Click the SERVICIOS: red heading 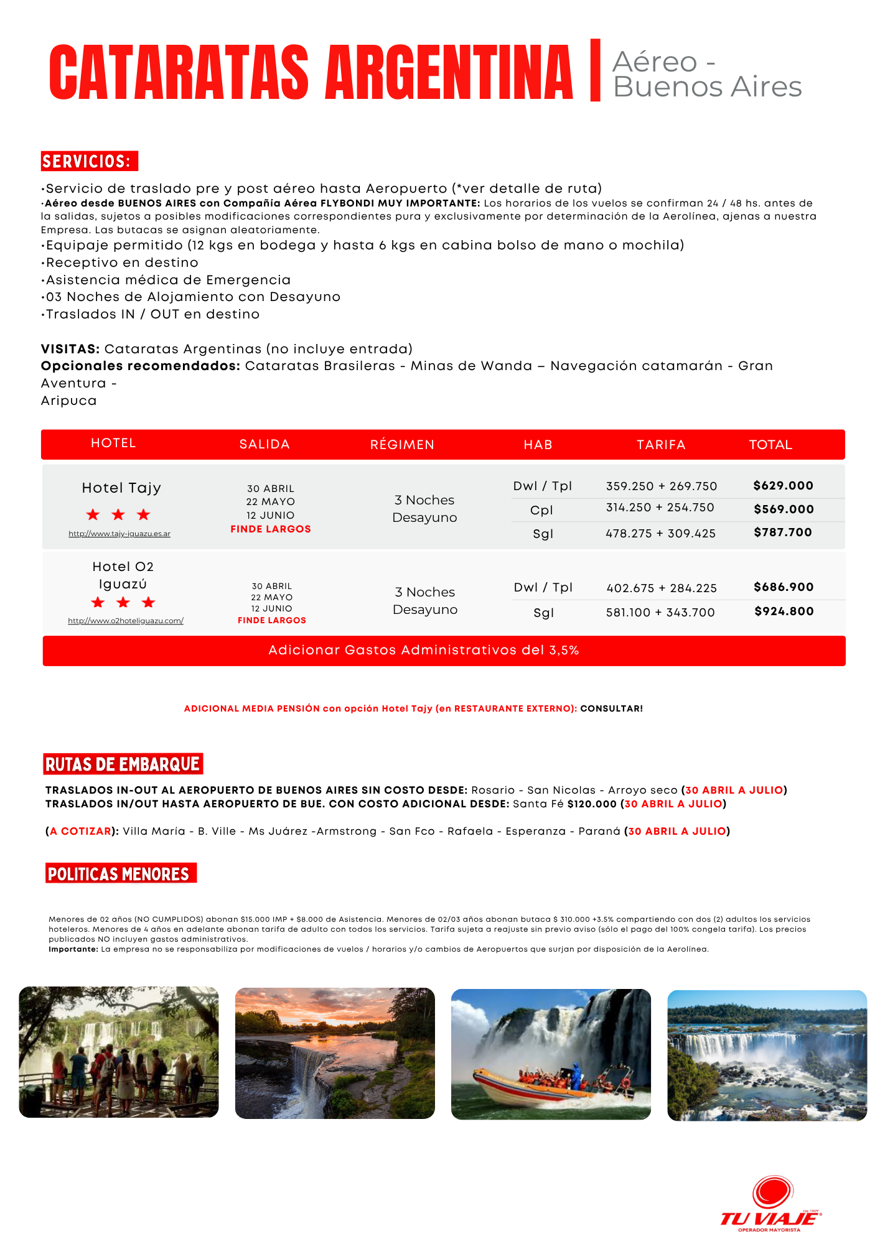point(88,161)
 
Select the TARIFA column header point(661,445)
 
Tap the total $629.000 point(783,486)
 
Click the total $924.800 point(784,611)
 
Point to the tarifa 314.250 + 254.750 point(660,508)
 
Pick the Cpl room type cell point(541,510)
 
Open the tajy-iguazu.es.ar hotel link point(119,534)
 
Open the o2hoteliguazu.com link point(126,621)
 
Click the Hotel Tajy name point(121,488)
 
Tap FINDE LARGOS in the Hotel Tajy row point(271,529)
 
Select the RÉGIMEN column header point(402,445)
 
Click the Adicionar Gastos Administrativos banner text point(424,651)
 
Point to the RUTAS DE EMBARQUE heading point(123,764)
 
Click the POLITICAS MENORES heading point(119,874)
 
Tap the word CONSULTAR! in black point(611,708)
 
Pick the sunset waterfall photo point(335,1053)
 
